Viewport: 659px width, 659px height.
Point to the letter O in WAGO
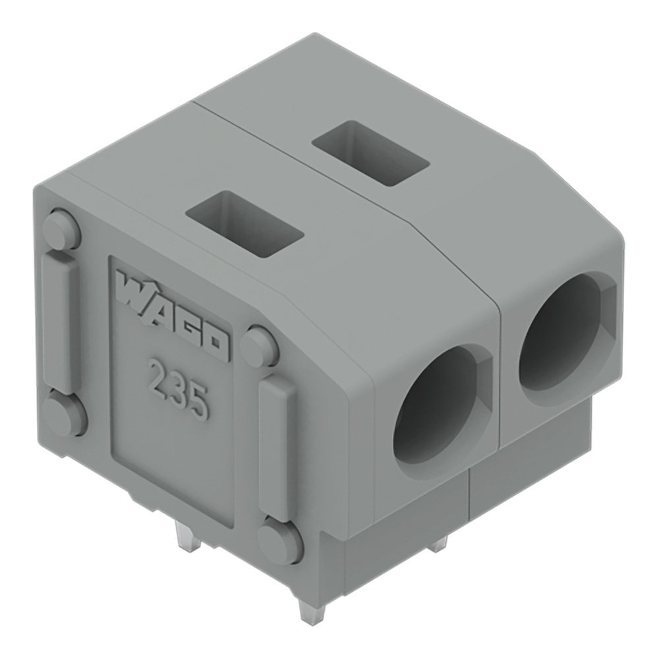[x=215, y=343]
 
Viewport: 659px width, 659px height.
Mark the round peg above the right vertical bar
[x=259, y=347]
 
